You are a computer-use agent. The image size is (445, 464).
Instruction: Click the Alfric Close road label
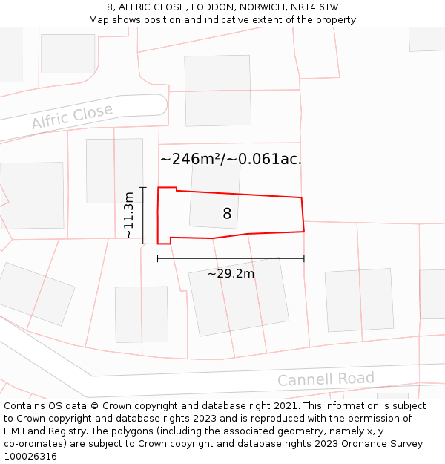pos(72,117)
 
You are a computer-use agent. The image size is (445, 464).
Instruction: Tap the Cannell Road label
pos(326,379)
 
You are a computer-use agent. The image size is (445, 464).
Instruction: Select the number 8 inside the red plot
pos(227,214)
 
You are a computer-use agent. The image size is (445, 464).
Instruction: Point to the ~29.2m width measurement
pos(231,273)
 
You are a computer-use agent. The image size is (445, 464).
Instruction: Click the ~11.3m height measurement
pos(129,215)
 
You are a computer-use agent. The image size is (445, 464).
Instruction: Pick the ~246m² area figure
pos(190,159)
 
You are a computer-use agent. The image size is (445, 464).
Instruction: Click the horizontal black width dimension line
pos(231,258)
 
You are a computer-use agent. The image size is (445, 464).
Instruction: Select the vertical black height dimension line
pos(143,215)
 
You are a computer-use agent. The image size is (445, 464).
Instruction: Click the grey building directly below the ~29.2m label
pos(239,297)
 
